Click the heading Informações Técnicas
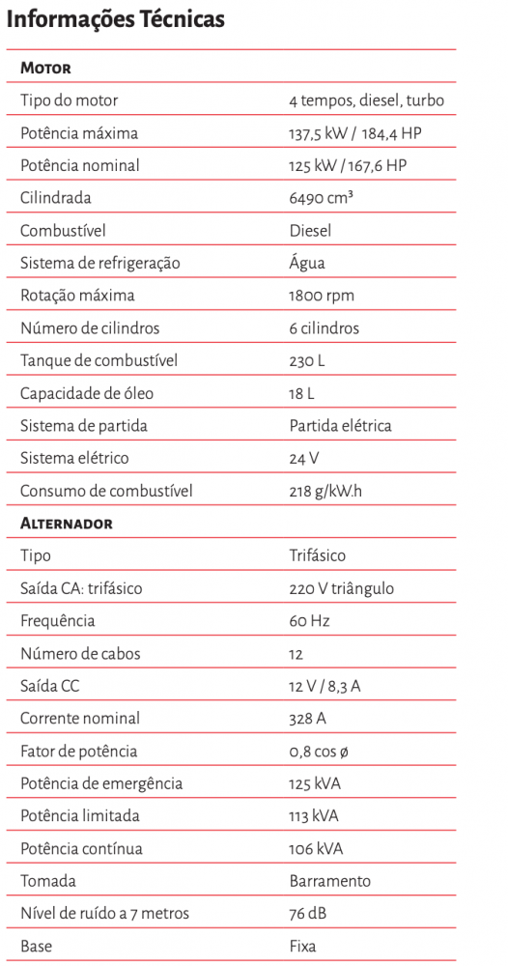point(116,19)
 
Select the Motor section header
point(45,69)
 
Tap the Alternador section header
point(67,524)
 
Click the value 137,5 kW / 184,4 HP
point(354,133)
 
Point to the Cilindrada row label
point(56,198)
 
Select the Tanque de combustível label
point(99,361)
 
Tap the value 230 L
point(307,361)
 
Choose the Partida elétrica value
point(340,426)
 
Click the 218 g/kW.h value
point(325,491)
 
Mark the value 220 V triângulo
point(341,588)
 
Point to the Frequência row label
point(58,621)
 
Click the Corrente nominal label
point(80,719)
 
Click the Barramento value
point(329,881)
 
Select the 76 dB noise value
point(310,914)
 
